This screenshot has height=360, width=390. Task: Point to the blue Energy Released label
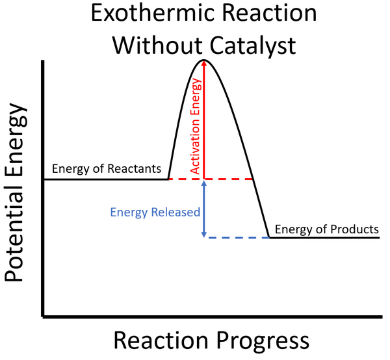coord(155,212)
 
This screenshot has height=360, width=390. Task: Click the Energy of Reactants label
coord(107,169)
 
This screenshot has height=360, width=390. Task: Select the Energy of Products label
coord(326,229)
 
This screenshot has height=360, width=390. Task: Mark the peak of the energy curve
coord(205,60)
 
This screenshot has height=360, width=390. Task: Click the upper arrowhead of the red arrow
coord(205,64)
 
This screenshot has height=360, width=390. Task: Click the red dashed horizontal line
coord(229,179)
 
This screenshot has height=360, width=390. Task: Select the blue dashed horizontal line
coord(237,238)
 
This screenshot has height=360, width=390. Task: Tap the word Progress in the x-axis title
coord(265,341)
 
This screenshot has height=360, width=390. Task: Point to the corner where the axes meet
coord(44,316)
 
